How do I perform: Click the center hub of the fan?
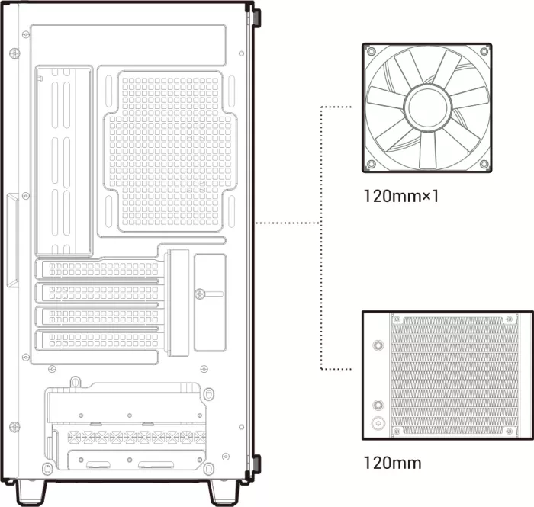tap(427, 107)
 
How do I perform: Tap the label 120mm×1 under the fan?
tap(401, 197)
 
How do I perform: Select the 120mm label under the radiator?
tap(392, 463)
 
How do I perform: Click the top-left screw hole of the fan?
tap(372, 52)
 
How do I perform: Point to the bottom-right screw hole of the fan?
tap(484, 164)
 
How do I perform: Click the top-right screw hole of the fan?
tap(484, 52)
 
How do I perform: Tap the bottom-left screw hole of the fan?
tap(372, 164)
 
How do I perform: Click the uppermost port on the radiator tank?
tap(378, 345)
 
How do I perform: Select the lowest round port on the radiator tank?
tap(378, 423)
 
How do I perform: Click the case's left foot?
tap(31, 492)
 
